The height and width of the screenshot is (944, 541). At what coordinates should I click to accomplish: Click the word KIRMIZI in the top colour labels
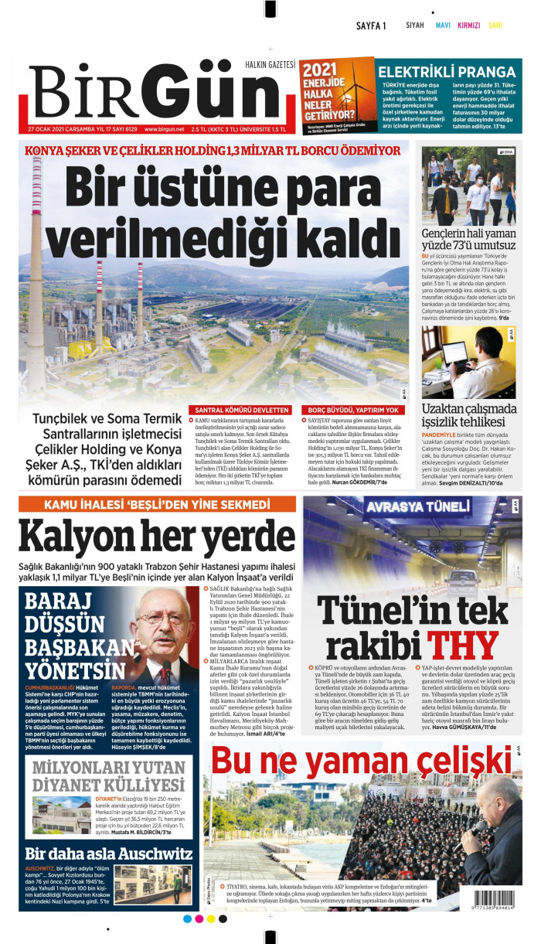point(468,26)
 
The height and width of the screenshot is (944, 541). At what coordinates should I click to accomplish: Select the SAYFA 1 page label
point(371,26)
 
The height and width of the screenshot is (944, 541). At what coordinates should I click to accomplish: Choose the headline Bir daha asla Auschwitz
point(109,854)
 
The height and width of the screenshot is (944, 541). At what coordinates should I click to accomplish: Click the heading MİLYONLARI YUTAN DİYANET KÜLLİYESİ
point(109,775)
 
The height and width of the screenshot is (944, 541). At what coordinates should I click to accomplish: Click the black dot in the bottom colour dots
point(223,918)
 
